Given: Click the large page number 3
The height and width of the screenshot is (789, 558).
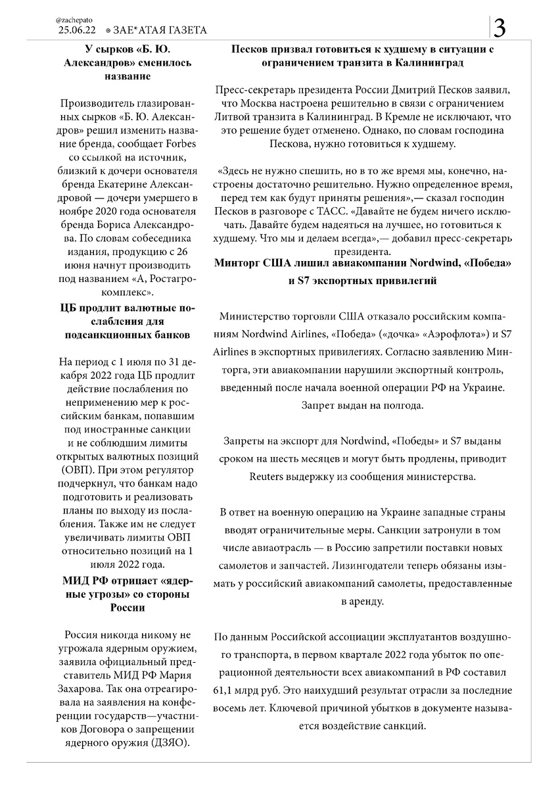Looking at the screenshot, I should [500, 28].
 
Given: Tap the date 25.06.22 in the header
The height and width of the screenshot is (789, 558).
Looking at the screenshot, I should [77, 30].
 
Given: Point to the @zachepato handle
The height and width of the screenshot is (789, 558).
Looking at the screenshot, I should [70, 20].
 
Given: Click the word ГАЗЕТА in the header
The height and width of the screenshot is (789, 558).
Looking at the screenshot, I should [184, 30].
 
